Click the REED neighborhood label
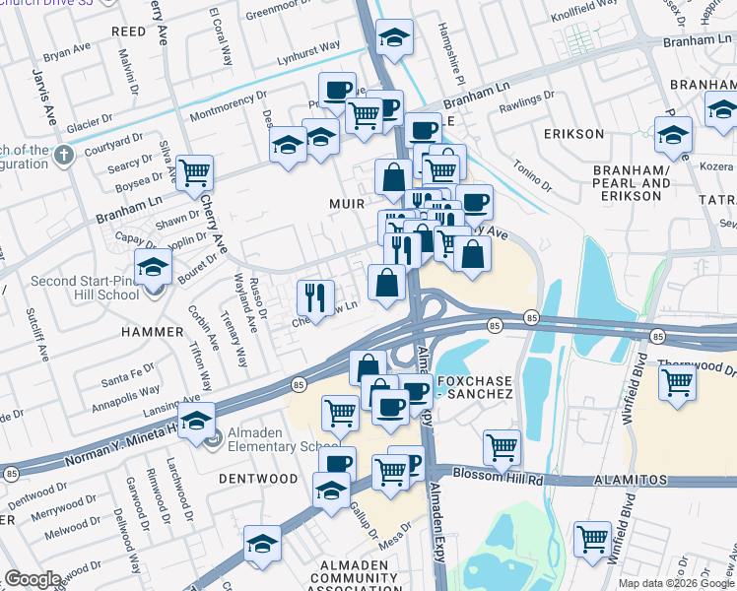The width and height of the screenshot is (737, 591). click(x=128, y=32)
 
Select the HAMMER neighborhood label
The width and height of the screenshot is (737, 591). click(x=152, y=332)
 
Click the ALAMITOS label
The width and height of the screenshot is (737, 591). click(x=632, y=481)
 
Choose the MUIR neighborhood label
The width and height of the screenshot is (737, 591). click(x=349, y=204)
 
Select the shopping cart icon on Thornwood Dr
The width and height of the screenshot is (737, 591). click(x=677, y=380)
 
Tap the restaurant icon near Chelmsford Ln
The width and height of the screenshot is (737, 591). click(x=316, y=296)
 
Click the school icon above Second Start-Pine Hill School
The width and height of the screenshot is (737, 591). click(x=153, y=266)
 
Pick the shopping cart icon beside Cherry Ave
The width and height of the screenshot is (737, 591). click(x=195, y=172)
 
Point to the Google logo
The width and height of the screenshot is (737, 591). click(x=33, y=579)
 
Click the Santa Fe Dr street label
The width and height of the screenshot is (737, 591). click(x=128, y=372)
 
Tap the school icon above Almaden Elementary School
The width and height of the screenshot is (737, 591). click(x=197, y=422)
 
